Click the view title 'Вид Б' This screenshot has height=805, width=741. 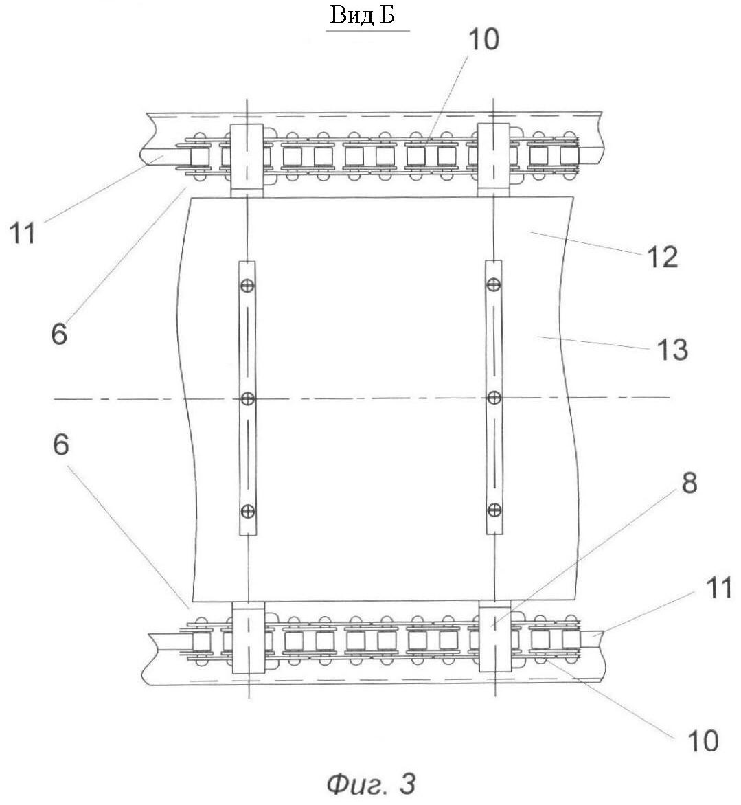(x=363, y=15)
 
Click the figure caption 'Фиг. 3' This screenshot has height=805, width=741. (x=371, y=784)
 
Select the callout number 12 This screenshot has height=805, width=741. (x=662, y=257)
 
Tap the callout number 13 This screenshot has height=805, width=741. (x=672, y=350)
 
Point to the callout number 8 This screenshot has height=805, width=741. (x=689, y=483)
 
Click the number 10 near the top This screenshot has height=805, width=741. (x=483, y=39)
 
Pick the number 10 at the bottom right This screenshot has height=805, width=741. (x=703, y=741)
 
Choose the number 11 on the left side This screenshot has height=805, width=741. (x=23, y=233)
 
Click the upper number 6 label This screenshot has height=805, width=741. (x=59, y=334)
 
